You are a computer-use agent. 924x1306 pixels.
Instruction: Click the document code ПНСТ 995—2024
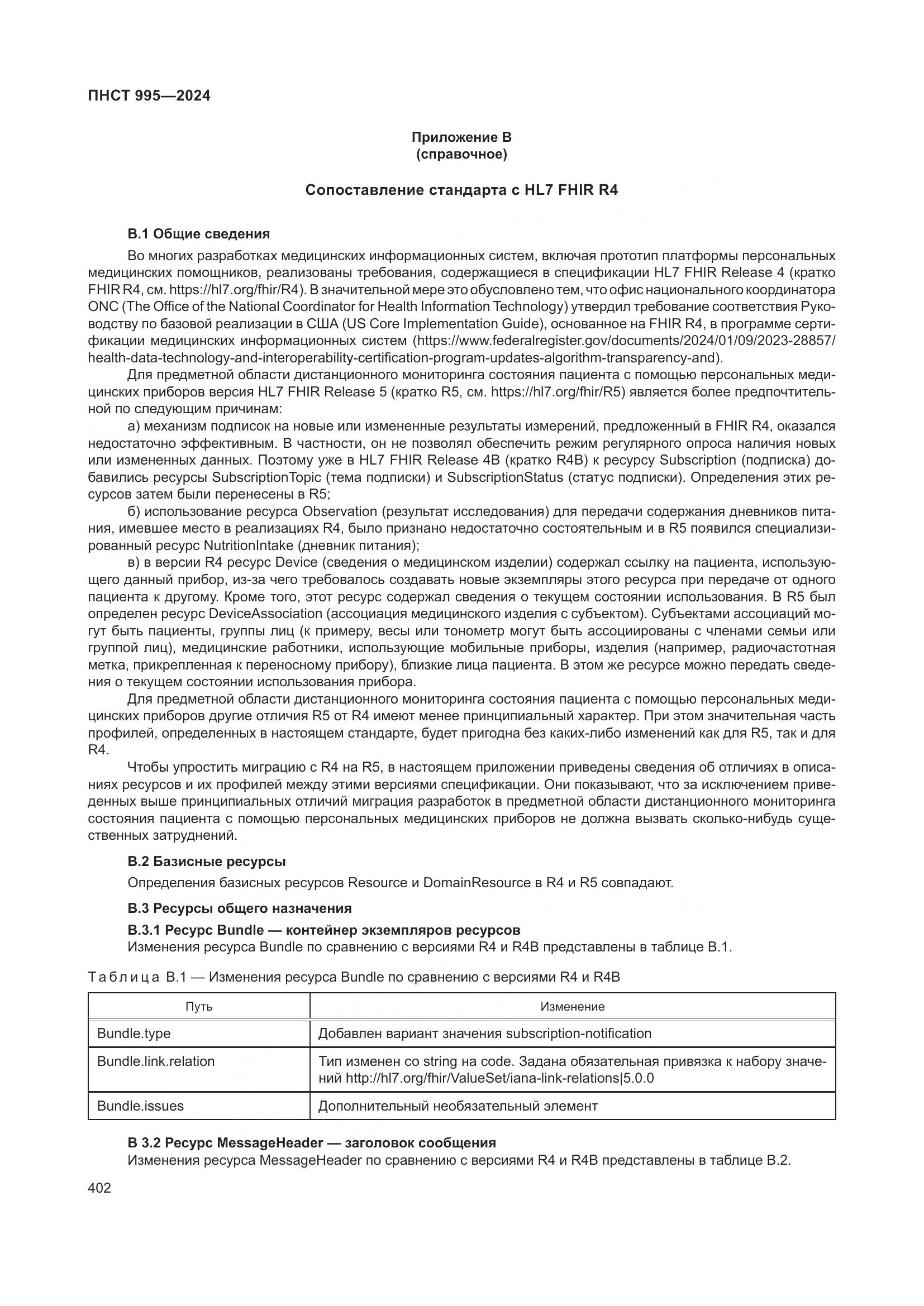tap(149, 95)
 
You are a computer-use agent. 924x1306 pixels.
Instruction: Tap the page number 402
tap(99, 1188)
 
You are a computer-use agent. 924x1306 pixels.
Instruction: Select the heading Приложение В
tap(461, 137)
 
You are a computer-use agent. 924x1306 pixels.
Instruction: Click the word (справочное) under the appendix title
tap(461, 154)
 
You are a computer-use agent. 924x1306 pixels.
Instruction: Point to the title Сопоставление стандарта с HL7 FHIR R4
tap(461, 190)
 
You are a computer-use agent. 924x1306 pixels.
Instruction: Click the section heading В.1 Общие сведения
tap(198, 234)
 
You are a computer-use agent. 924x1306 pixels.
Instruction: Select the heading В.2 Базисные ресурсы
tap(207, 861)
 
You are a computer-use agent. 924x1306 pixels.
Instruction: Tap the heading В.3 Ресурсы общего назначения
tap(240, 908)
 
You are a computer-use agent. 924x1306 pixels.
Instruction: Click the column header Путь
tap(198, 1006)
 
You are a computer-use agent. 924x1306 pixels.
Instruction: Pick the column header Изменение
tap(573, 1006)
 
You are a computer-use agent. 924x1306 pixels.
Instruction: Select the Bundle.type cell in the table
tap(134, 1033)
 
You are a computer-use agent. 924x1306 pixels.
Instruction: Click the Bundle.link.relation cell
tap(156, 1061)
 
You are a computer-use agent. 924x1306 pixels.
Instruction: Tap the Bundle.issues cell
tap(141, 1106)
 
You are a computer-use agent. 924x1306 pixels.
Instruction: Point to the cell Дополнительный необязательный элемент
tap(458, 1106)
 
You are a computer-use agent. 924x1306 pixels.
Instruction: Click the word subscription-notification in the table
tap(579, 1033)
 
